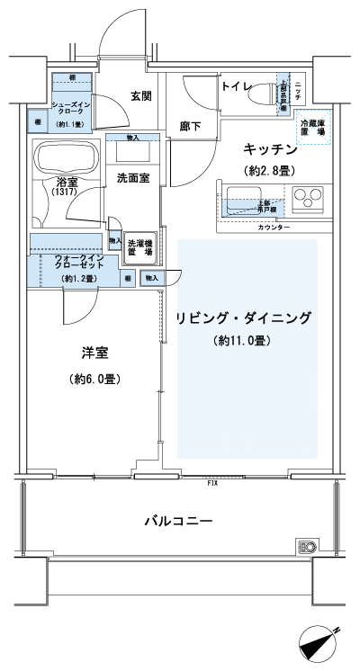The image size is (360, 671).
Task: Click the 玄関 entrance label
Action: pyautogui.click(x=140, y=96)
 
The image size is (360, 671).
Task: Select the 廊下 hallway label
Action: pyautogui.click(x=188, y=127)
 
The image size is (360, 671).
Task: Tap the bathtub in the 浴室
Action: pyautogui.click(x=67, y=159)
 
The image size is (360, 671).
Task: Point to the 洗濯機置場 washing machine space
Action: pyautogui.click(x=139, y=248)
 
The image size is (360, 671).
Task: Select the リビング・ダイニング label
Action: pyautogui.click(x=244, y=318)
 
